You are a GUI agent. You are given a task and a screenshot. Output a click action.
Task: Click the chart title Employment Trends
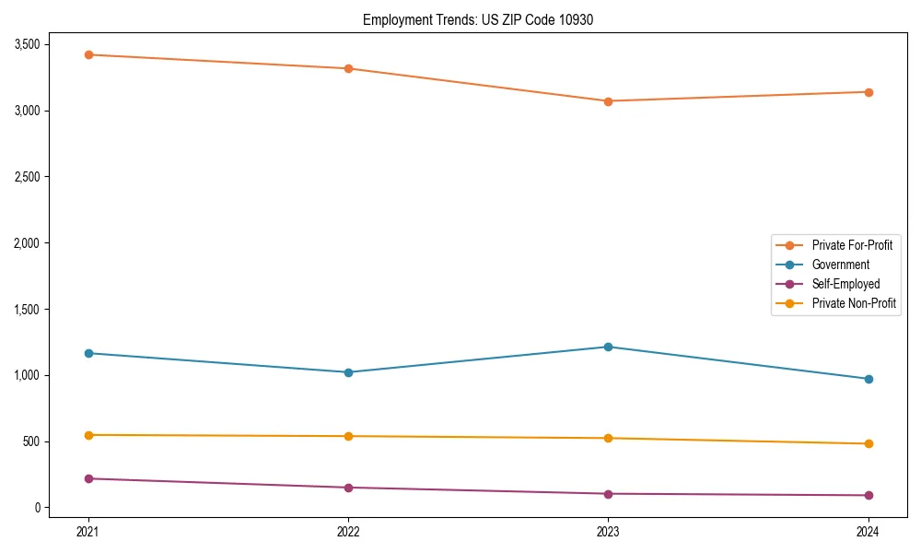(478, 19)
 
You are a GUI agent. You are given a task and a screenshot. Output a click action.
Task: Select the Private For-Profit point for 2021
(88, 54)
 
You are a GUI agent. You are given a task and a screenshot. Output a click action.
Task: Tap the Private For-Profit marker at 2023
(608, 101)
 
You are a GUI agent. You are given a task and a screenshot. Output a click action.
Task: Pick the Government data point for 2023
(608, 347)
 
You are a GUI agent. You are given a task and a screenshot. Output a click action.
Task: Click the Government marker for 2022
(348, 372)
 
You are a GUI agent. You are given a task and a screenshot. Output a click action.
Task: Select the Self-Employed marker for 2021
(88, 478)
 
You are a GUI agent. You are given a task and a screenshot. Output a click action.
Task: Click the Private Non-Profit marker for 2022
(348, 436)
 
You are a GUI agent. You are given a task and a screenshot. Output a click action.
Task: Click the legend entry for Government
(840, 265)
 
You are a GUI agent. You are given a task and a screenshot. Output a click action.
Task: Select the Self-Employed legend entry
(845, 284)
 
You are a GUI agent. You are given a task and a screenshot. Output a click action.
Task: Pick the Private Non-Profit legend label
(854, 303)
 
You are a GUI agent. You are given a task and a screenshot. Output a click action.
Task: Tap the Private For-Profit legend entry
(852, 245)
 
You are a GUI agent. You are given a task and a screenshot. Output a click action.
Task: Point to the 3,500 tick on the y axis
(26, 44)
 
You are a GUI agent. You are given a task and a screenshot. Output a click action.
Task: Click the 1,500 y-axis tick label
(26, 309)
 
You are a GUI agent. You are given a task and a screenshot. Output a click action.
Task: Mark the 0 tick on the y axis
(38, 508)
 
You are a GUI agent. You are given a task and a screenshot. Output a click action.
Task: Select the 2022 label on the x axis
(348, 532)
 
